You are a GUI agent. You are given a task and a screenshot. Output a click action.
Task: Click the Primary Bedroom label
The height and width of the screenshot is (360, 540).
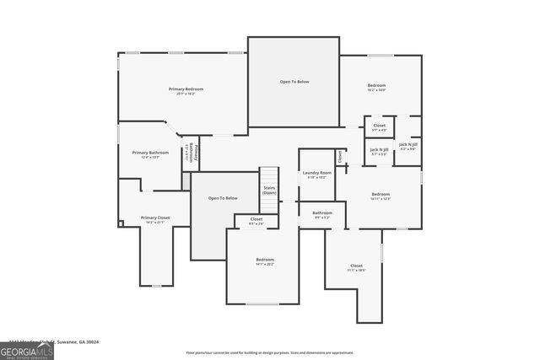(x=186, y=89)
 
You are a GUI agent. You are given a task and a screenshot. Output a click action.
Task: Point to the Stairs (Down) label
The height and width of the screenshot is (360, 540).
(x=269, y=191)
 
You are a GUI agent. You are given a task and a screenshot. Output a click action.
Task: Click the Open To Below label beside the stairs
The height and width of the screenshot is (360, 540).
(x=224, y=198)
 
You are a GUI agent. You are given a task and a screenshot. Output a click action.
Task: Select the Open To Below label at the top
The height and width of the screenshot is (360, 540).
(x=294, y=82)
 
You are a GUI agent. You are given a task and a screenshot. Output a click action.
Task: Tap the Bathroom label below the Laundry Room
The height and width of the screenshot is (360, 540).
(x=322, y=213)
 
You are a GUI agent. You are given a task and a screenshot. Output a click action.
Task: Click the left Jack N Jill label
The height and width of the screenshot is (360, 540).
(x=379, y=150)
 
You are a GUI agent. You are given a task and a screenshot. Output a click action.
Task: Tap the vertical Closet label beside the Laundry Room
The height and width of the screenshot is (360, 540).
(x=340, y=157)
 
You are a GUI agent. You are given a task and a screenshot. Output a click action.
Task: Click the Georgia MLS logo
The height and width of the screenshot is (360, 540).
(x=27, y=350)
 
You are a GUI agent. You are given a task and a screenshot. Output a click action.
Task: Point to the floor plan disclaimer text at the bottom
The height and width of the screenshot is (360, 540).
(x=269, y=352)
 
